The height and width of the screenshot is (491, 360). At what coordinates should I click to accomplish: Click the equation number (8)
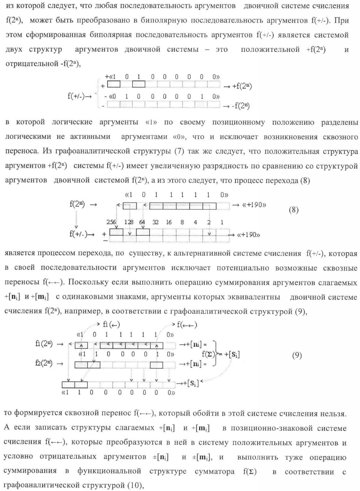[294, 210]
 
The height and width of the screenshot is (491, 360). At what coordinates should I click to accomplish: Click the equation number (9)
[297, 356]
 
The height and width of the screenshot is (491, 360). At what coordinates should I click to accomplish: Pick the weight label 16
[169, 223]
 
